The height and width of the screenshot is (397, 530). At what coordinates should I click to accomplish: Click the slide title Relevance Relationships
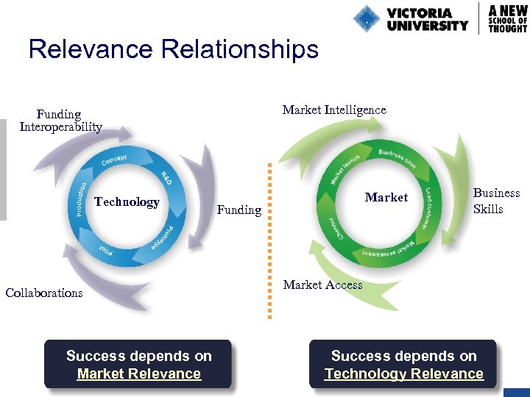coord(173,49)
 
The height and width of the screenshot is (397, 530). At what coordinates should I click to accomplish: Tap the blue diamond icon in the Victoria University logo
coord(367,18)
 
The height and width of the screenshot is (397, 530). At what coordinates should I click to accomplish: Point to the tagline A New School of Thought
coord(508,18)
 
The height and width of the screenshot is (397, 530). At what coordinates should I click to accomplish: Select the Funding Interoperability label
coord(60,121)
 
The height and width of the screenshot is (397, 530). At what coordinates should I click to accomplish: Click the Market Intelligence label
coord(334,110)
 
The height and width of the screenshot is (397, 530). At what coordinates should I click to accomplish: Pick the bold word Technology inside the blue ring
coord(127,201)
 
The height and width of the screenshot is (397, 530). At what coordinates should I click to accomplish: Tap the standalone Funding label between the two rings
coord(239,210)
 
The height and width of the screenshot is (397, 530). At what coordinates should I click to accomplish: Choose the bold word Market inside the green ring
coord(386,197)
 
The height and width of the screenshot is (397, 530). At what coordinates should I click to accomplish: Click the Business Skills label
coord(496,201)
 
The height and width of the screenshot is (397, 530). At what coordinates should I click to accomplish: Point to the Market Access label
coord(323,285)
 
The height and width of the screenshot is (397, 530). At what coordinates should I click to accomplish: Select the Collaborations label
coord(44,293)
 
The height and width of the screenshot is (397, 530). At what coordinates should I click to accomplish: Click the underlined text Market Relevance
coord(139,373)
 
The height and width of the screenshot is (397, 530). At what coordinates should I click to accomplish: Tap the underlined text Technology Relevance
coord(404,373)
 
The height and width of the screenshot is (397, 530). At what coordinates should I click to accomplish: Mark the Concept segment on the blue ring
coord(113,159)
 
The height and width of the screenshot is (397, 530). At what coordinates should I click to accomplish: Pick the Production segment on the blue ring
coord(83,198)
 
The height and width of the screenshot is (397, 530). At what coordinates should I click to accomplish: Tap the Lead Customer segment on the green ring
coord(431,201)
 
